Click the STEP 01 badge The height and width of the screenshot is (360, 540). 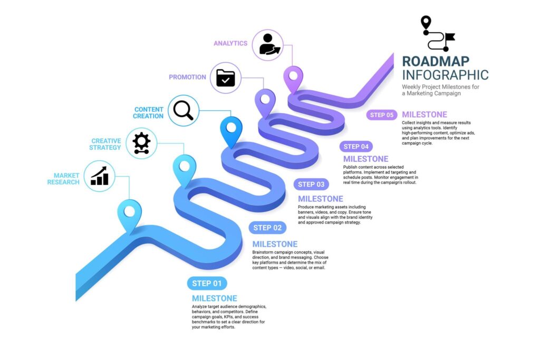point(207,284)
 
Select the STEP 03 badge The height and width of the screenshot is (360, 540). point(311,184)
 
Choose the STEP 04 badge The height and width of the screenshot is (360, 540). point(356,147)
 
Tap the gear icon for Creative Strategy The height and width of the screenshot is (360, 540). point(141,143)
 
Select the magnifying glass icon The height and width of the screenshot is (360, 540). point(184,111)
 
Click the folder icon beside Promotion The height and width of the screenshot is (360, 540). point(226,78)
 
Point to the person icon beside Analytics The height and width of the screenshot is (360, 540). point(268,45)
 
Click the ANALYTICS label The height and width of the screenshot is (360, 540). point(230,43)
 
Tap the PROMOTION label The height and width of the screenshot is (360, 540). point(187,77)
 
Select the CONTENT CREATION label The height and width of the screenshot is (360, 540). point(148,113)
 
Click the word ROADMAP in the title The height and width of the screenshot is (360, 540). point(436,61)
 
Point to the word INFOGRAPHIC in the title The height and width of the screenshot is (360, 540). point(445,75)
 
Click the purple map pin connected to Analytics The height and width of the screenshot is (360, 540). point(293,79)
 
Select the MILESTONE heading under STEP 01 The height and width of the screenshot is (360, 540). point(214,298)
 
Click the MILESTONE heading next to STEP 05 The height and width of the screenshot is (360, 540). point(424,114)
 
